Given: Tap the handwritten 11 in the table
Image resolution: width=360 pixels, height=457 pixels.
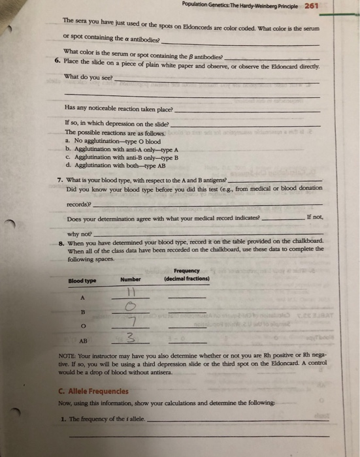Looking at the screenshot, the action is pyautogui.click(x=130, y=292).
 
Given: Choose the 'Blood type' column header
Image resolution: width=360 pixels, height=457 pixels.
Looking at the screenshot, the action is pyautogui.click(x=82, y=281).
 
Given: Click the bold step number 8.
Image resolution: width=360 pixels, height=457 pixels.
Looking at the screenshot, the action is pyautogui.click(x=60, y=241).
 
